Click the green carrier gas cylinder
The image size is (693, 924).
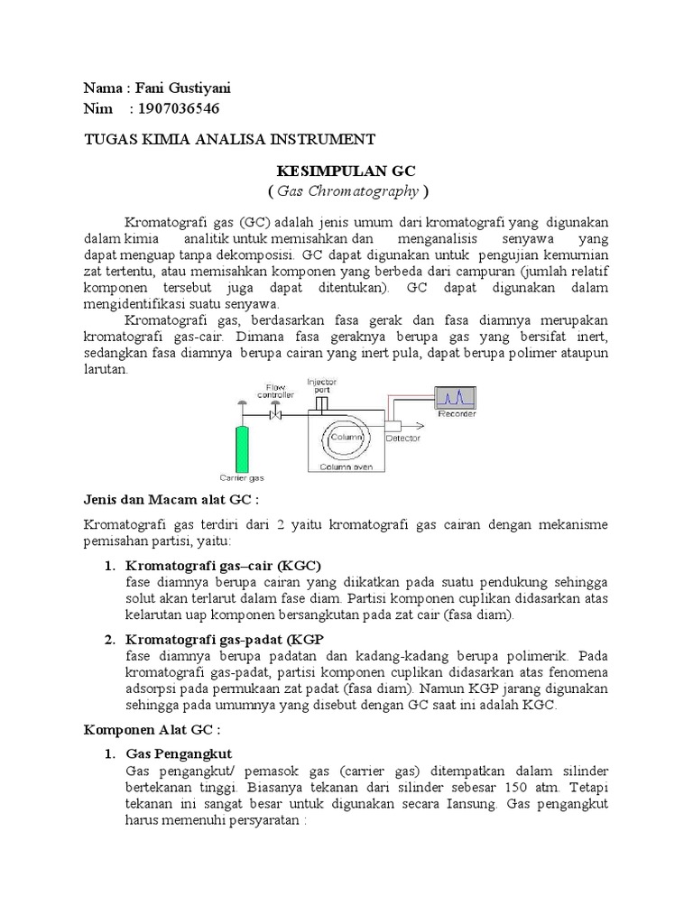241,440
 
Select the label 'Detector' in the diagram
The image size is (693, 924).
402,439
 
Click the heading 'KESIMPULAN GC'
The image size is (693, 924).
346,171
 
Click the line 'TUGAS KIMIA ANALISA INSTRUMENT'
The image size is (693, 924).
228,140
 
